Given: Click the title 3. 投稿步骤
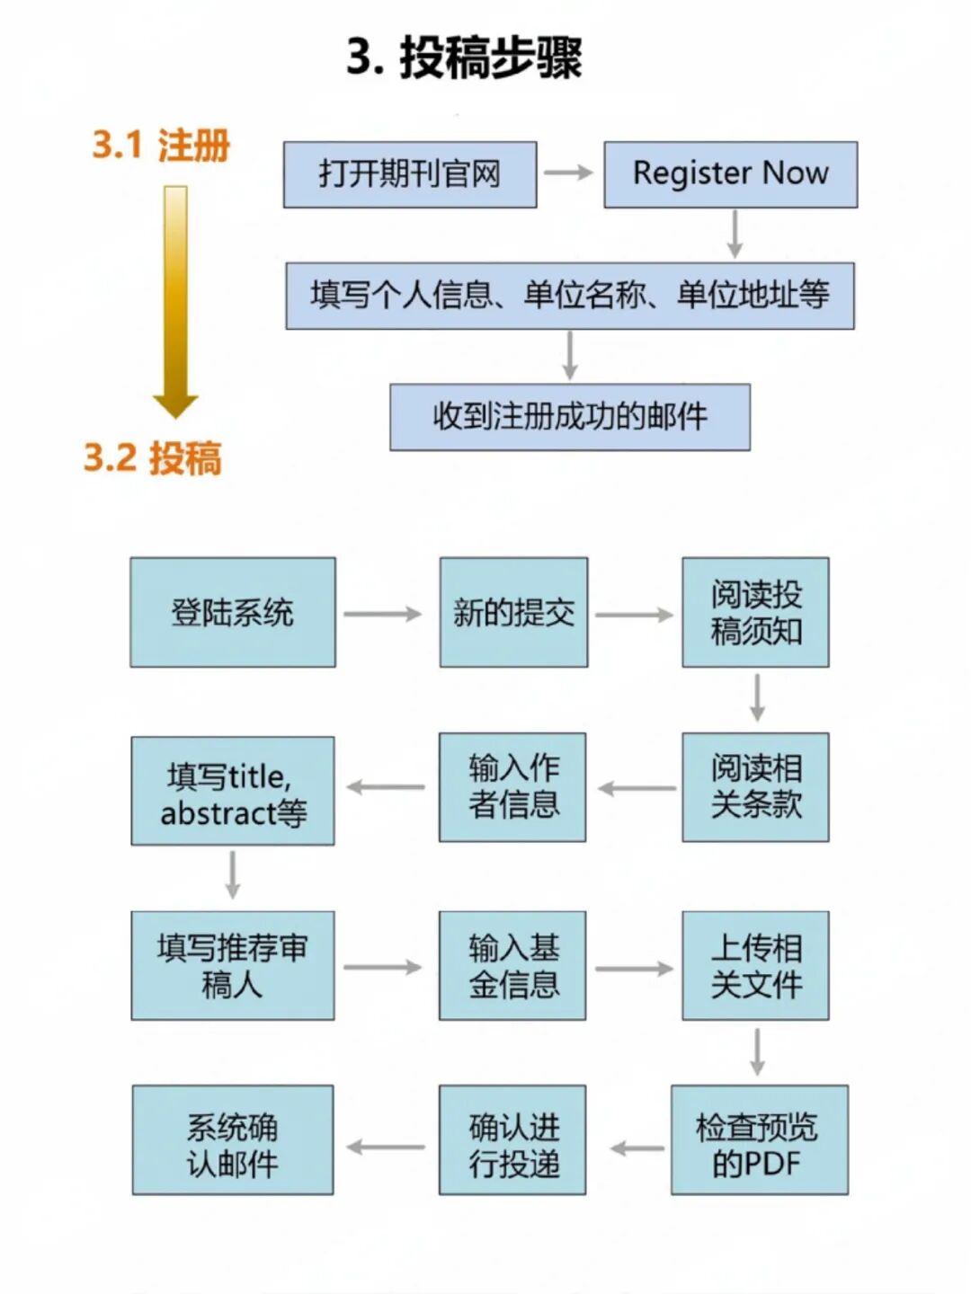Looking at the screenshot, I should coord(464,57).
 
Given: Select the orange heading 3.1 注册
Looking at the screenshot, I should coord(161,145).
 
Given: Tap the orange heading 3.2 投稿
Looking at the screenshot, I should coord(152,457).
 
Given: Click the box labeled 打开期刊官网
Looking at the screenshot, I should coord(410,174).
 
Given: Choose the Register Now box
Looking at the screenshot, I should coord(730,174).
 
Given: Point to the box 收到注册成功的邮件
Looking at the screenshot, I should coord(569,417).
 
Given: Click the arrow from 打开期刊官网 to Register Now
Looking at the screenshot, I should coord(569,173).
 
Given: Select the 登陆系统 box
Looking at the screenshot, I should coord(233,612).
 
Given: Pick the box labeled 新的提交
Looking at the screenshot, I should coord(513,612).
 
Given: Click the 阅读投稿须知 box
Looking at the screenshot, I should coord(755,612).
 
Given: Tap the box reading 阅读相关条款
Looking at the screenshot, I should coord(755,787).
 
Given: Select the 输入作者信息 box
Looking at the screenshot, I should coord(512,787).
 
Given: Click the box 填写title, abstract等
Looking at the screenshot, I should coord(233,791).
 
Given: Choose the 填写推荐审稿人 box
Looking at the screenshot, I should coord(233,965).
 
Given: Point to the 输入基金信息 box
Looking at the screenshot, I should coord(512,965).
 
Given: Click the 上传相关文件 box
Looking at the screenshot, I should coord(755,965).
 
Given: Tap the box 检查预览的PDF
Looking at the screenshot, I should coord(759,1139).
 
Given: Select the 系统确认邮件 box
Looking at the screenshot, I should coord(233,1139).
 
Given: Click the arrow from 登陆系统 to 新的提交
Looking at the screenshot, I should coord(382,614).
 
